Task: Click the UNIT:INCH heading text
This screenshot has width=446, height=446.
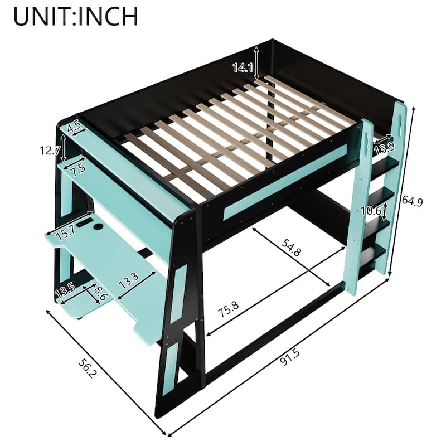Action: coord(76,16)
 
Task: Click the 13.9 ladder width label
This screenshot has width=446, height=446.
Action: coord(385,148)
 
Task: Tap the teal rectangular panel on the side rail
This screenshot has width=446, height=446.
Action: coord(284,181)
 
